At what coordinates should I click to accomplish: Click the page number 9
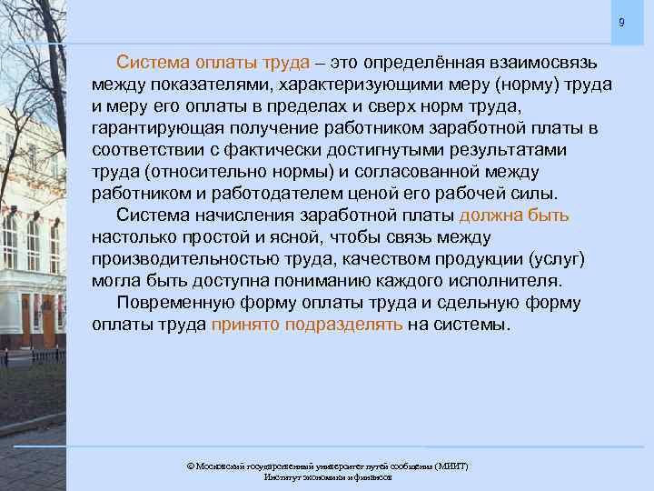coord(621,22)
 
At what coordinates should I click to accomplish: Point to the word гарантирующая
coord(148,127)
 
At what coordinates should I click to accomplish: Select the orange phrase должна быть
coord(514,215)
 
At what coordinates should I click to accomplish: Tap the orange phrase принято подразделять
coord(306,325)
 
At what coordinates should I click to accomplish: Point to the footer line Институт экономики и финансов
coord(327,477)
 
